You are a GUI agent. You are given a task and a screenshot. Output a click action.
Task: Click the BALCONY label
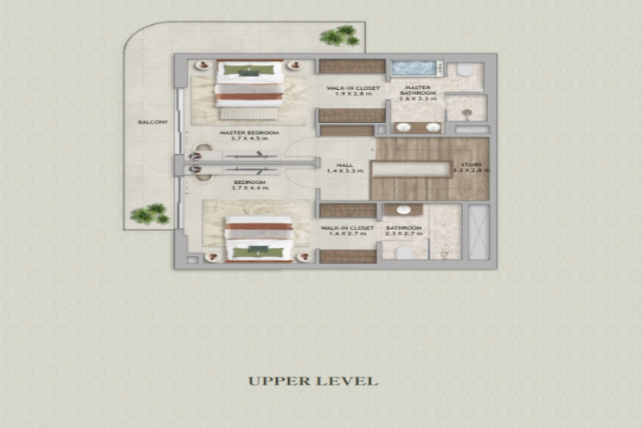click(x=152, y=122)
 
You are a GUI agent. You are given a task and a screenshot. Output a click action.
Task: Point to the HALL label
click(x=346, y=163)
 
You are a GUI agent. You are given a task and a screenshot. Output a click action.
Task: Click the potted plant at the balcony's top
click(x=339, y=35)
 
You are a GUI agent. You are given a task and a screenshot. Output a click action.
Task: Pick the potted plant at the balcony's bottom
click(x=148, y=214)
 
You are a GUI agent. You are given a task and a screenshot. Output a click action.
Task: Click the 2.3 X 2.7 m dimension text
click(x=404, y=235)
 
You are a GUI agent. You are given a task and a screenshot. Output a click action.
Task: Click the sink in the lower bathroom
click(x=397, y=210)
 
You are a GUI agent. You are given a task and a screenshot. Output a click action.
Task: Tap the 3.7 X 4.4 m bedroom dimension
click(x=250, y=188)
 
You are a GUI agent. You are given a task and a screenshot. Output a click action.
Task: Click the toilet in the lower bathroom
click(x=406, y=252)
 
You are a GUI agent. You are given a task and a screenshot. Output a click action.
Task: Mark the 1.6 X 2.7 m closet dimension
click(x=347, y=235)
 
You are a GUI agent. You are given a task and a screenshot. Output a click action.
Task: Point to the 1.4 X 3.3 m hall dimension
click(x=346, y=170)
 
